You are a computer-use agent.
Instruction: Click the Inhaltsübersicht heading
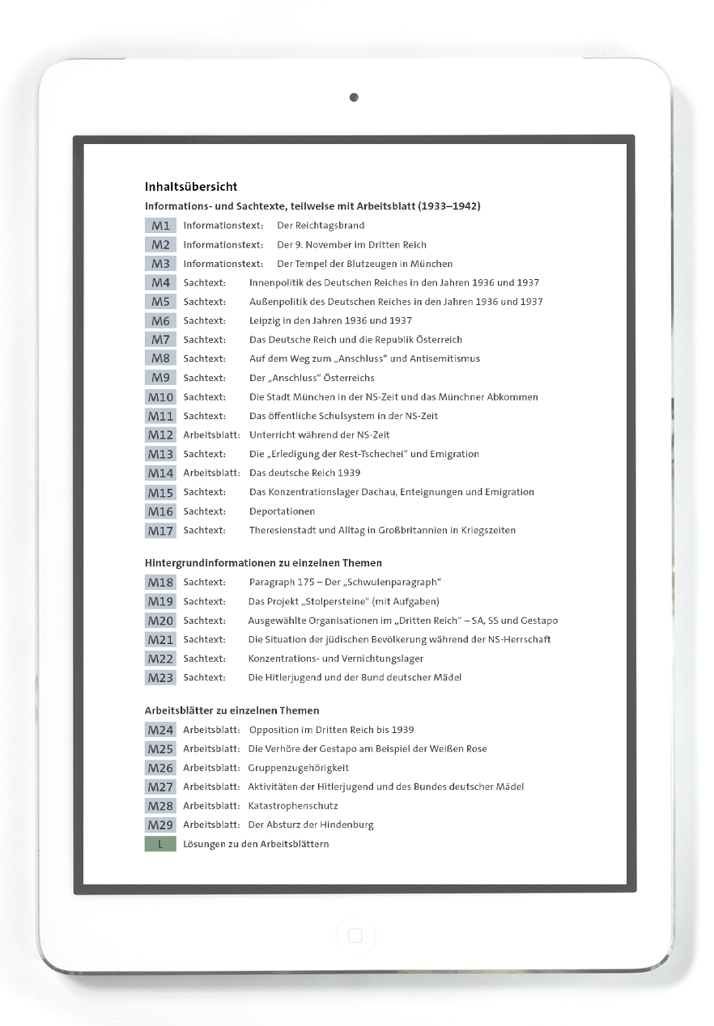tap(191, 187)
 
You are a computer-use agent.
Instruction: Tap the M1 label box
tap(160, 226)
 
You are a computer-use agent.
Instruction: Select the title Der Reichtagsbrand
tap(321, 226)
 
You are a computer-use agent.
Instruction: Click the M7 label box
tap(160, 340)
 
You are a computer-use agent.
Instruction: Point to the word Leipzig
tap(266, 320)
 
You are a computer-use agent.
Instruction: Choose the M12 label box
tap(160, 435)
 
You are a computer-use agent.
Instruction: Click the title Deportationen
tap(282, 511)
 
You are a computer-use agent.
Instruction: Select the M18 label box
tap(160, 583)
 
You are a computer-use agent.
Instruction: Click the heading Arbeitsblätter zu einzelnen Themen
tap(232, 710)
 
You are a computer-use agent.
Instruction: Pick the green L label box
tap(160, 844)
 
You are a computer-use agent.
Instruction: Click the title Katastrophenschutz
tap(293, 806)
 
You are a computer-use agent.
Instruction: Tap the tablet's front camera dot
tap(354, 98)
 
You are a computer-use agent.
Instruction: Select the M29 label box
tap(160, 825)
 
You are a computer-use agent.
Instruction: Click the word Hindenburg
tap(346, 825)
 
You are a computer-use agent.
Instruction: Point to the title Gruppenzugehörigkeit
tap(298, 768)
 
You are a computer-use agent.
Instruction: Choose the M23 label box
tap(160, 678)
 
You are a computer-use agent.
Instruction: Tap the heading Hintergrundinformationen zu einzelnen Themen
tap(263, 562)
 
